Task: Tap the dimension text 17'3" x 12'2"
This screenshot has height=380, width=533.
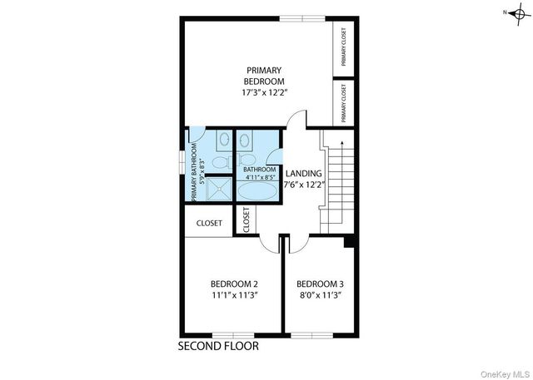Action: point(264,94)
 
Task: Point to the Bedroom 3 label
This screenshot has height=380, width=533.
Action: point(320,283)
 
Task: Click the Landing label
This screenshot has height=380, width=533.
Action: point(303,174)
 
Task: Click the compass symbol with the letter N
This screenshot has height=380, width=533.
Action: point(516,13)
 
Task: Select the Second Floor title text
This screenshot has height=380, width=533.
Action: point(219,345)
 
